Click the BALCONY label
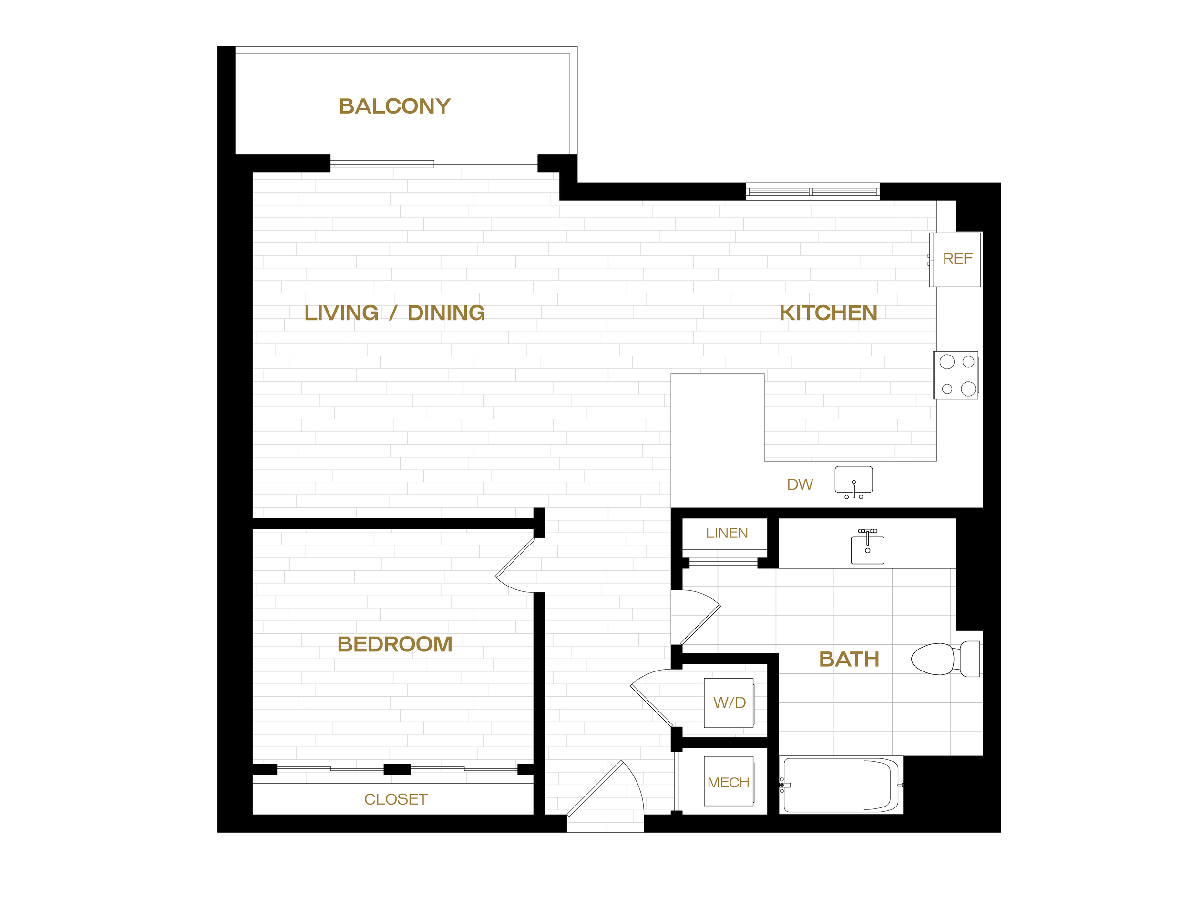click(395, 106)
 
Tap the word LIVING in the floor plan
click(341, 313)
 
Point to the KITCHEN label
click(828, 313)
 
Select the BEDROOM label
click(395, 644)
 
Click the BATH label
click(849, 659)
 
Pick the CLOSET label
click(396, 799)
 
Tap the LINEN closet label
click(727, 533)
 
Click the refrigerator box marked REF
click(955, 260)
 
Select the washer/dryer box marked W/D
click(729, 703)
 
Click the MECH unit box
click(729, 781)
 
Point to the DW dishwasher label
click(800, 484)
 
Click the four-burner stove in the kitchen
click(956, 375)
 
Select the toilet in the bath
click(945, 659)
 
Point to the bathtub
click(841, 785)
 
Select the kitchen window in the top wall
click(812, 192)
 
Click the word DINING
click(446, 313)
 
